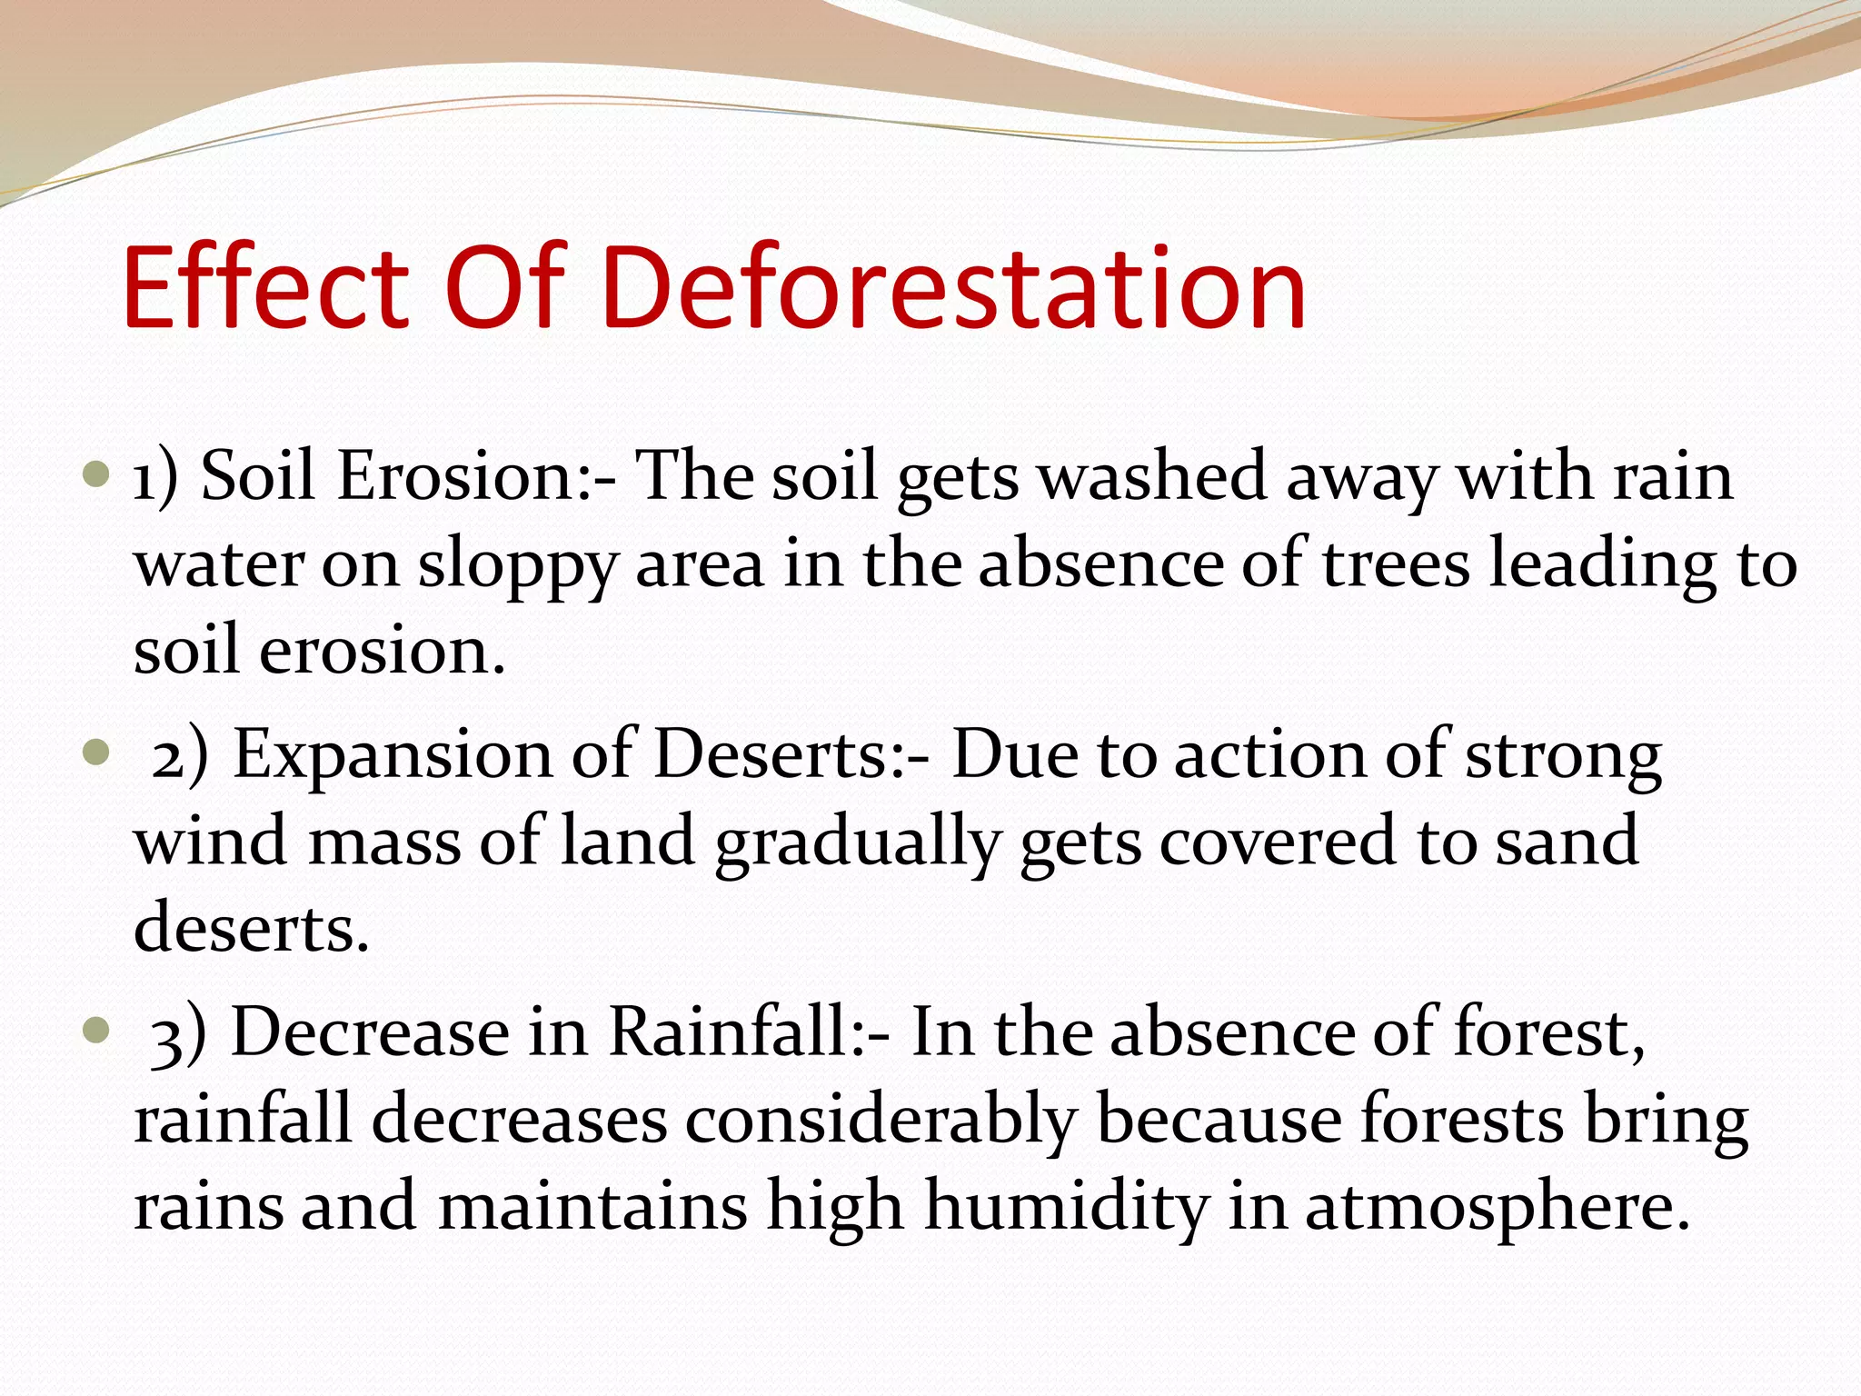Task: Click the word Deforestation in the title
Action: tap(952, 288)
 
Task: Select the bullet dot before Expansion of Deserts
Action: tap(95, 753)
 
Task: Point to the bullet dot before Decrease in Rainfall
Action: tap(95, 1031)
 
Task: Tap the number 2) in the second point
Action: tap(180, 756)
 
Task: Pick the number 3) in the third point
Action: tap(178, 1034)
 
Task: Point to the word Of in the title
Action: tap(506, 288)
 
